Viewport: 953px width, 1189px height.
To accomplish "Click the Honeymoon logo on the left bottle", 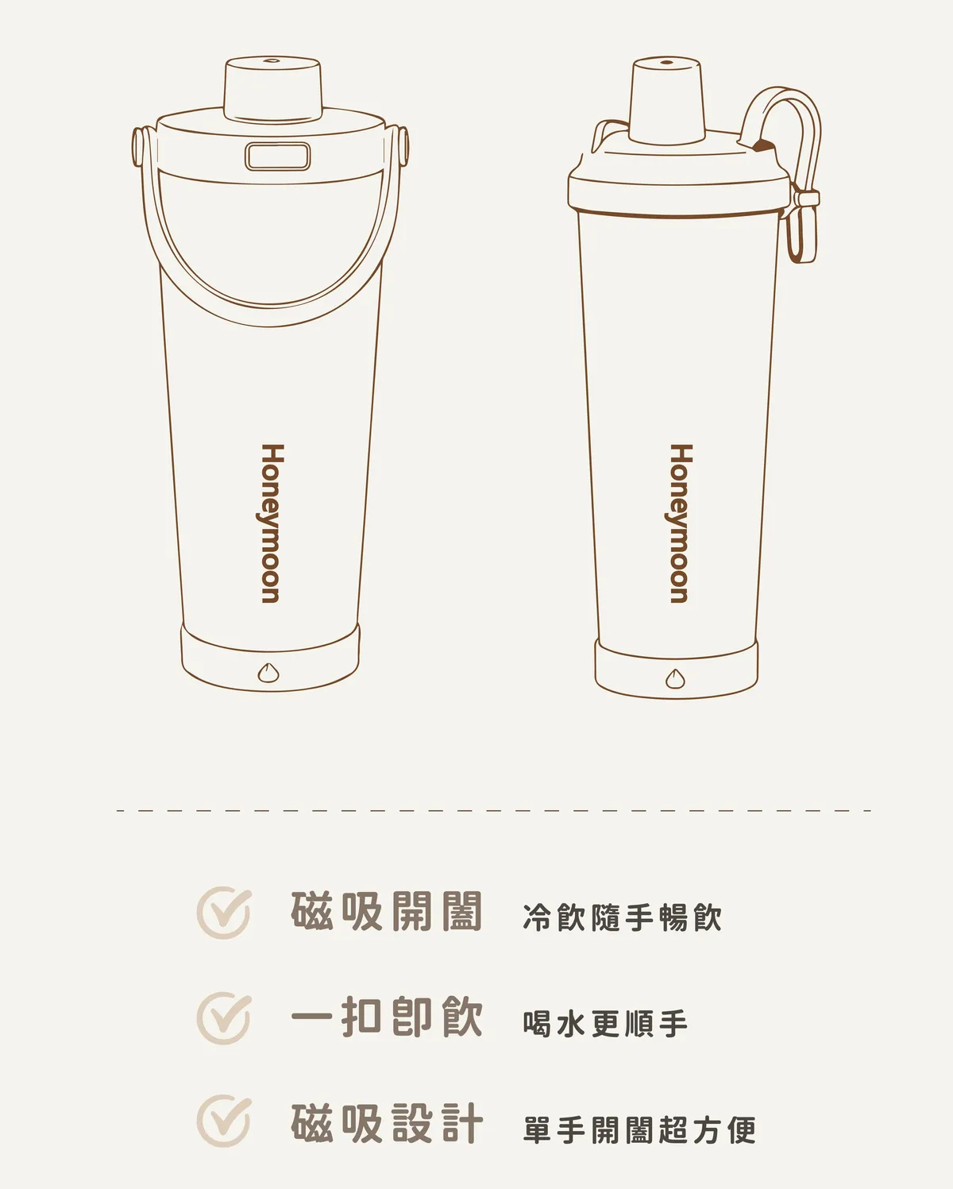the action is tap(272, 523).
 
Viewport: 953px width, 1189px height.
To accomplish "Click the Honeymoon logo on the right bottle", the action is tap(680, 523).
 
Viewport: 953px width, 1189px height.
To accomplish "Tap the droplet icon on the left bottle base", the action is tap(268, 673).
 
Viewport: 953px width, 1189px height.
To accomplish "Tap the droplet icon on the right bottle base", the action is tap(675, 678).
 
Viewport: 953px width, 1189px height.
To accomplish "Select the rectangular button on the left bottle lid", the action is tap(278, 156).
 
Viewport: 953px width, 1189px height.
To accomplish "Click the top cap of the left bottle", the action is tap(272, 90).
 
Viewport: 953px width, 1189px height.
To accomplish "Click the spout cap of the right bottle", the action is tap(667, 101).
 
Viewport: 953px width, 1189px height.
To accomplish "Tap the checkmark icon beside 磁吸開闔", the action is tap(224, 912).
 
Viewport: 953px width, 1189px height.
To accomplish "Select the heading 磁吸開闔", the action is tap(387, 911).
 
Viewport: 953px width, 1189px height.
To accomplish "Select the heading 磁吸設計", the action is tap(387, 1122).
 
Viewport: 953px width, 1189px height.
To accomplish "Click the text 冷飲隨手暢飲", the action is tap(622, 917).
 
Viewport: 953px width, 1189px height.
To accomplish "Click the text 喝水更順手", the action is tap(605, 1023).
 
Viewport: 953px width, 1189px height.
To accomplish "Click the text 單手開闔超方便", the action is tap(639, 1129).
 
